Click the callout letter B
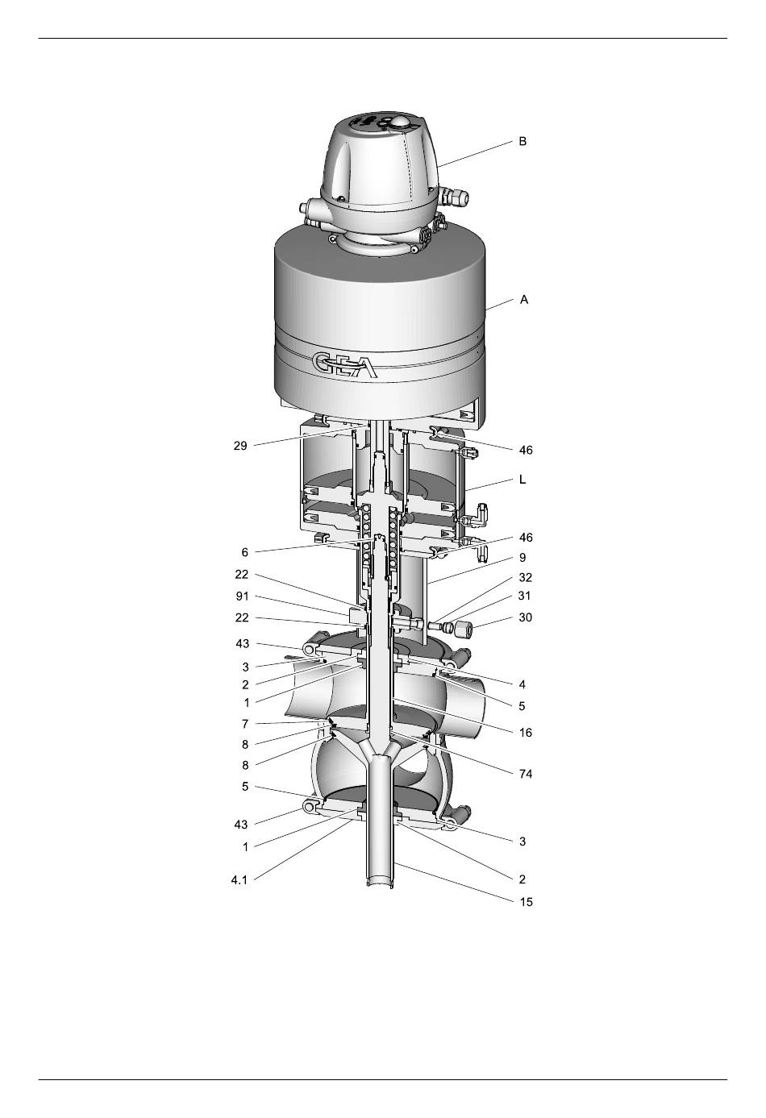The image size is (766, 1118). (522, 141)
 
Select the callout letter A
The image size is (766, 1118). (524, 300)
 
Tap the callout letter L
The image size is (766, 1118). (522, 480)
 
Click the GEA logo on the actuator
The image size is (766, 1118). (345, 366)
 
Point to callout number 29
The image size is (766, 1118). (240, 446)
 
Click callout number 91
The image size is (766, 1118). (242, 596)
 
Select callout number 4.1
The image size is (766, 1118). (239, 880)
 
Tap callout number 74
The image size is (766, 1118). (525, 774)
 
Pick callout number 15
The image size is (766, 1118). (526, 902)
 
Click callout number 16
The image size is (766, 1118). (525, 733)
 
